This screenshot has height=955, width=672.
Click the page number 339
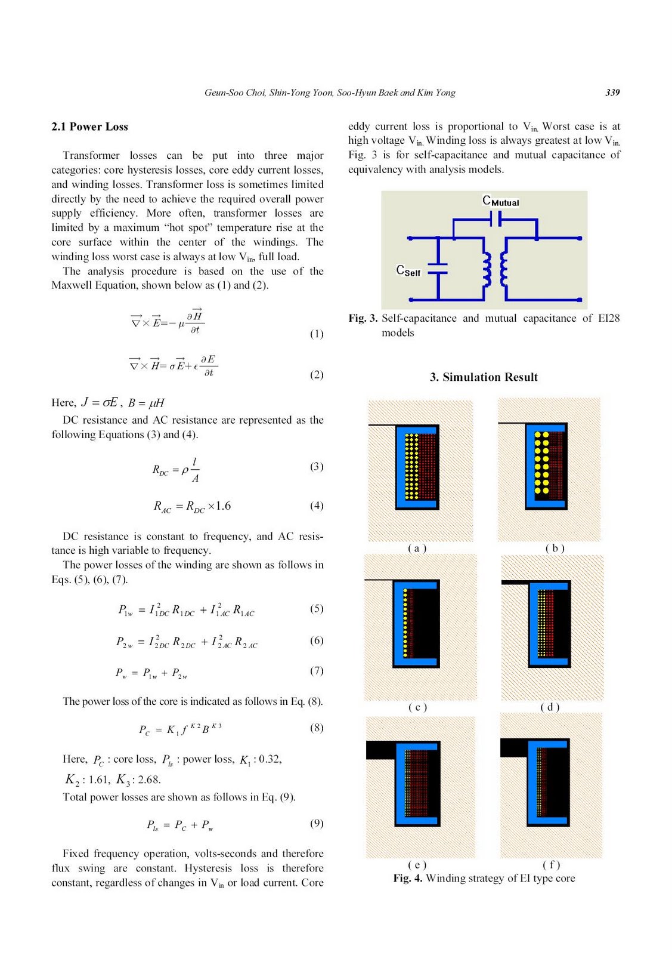612,93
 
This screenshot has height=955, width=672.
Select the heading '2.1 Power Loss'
89,127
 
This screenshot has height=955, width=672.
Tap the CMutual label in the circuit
500,201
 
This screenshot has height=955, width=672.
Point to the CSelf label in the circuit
408,271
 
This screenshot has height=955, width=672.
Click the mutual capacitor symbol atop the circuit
495,220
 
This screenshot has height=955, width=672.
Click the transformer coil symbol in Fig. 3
495,269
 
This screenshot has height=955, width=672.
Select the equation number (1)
316,334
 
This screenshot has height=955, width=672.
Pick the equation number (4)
316,506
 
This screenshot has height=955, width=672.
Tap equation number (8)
316,728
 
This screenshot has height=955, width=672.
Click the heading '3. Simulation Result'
484,377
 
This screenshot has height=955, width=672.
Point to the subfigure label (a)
417,548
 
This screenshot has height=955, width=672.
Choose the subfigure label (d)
550,707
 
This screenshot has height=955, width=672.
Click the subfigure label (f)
551,864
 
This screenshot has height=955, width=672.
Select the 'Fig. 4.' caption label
407,878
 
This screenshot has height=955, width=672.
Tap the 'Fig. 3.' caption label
363,318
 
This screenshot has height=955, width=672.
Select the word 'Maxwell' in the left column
69,285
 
